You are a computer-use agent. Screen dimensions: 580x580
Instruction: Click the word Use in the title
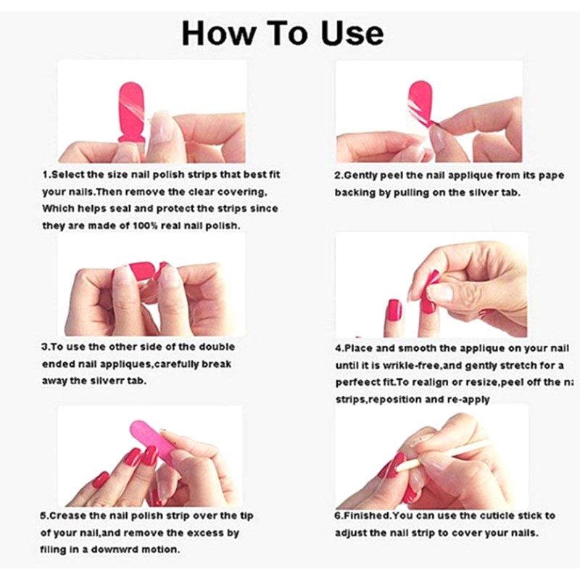click(352, 33)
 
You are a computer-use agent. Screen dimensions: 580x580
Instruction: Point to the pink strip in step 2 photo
click(420, 101)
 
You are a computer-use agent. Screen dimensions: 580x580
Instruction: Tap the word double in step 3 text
click(217, 347)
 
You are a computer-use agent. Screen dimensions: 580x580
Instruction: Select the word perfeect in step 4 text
click(353, 382)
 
